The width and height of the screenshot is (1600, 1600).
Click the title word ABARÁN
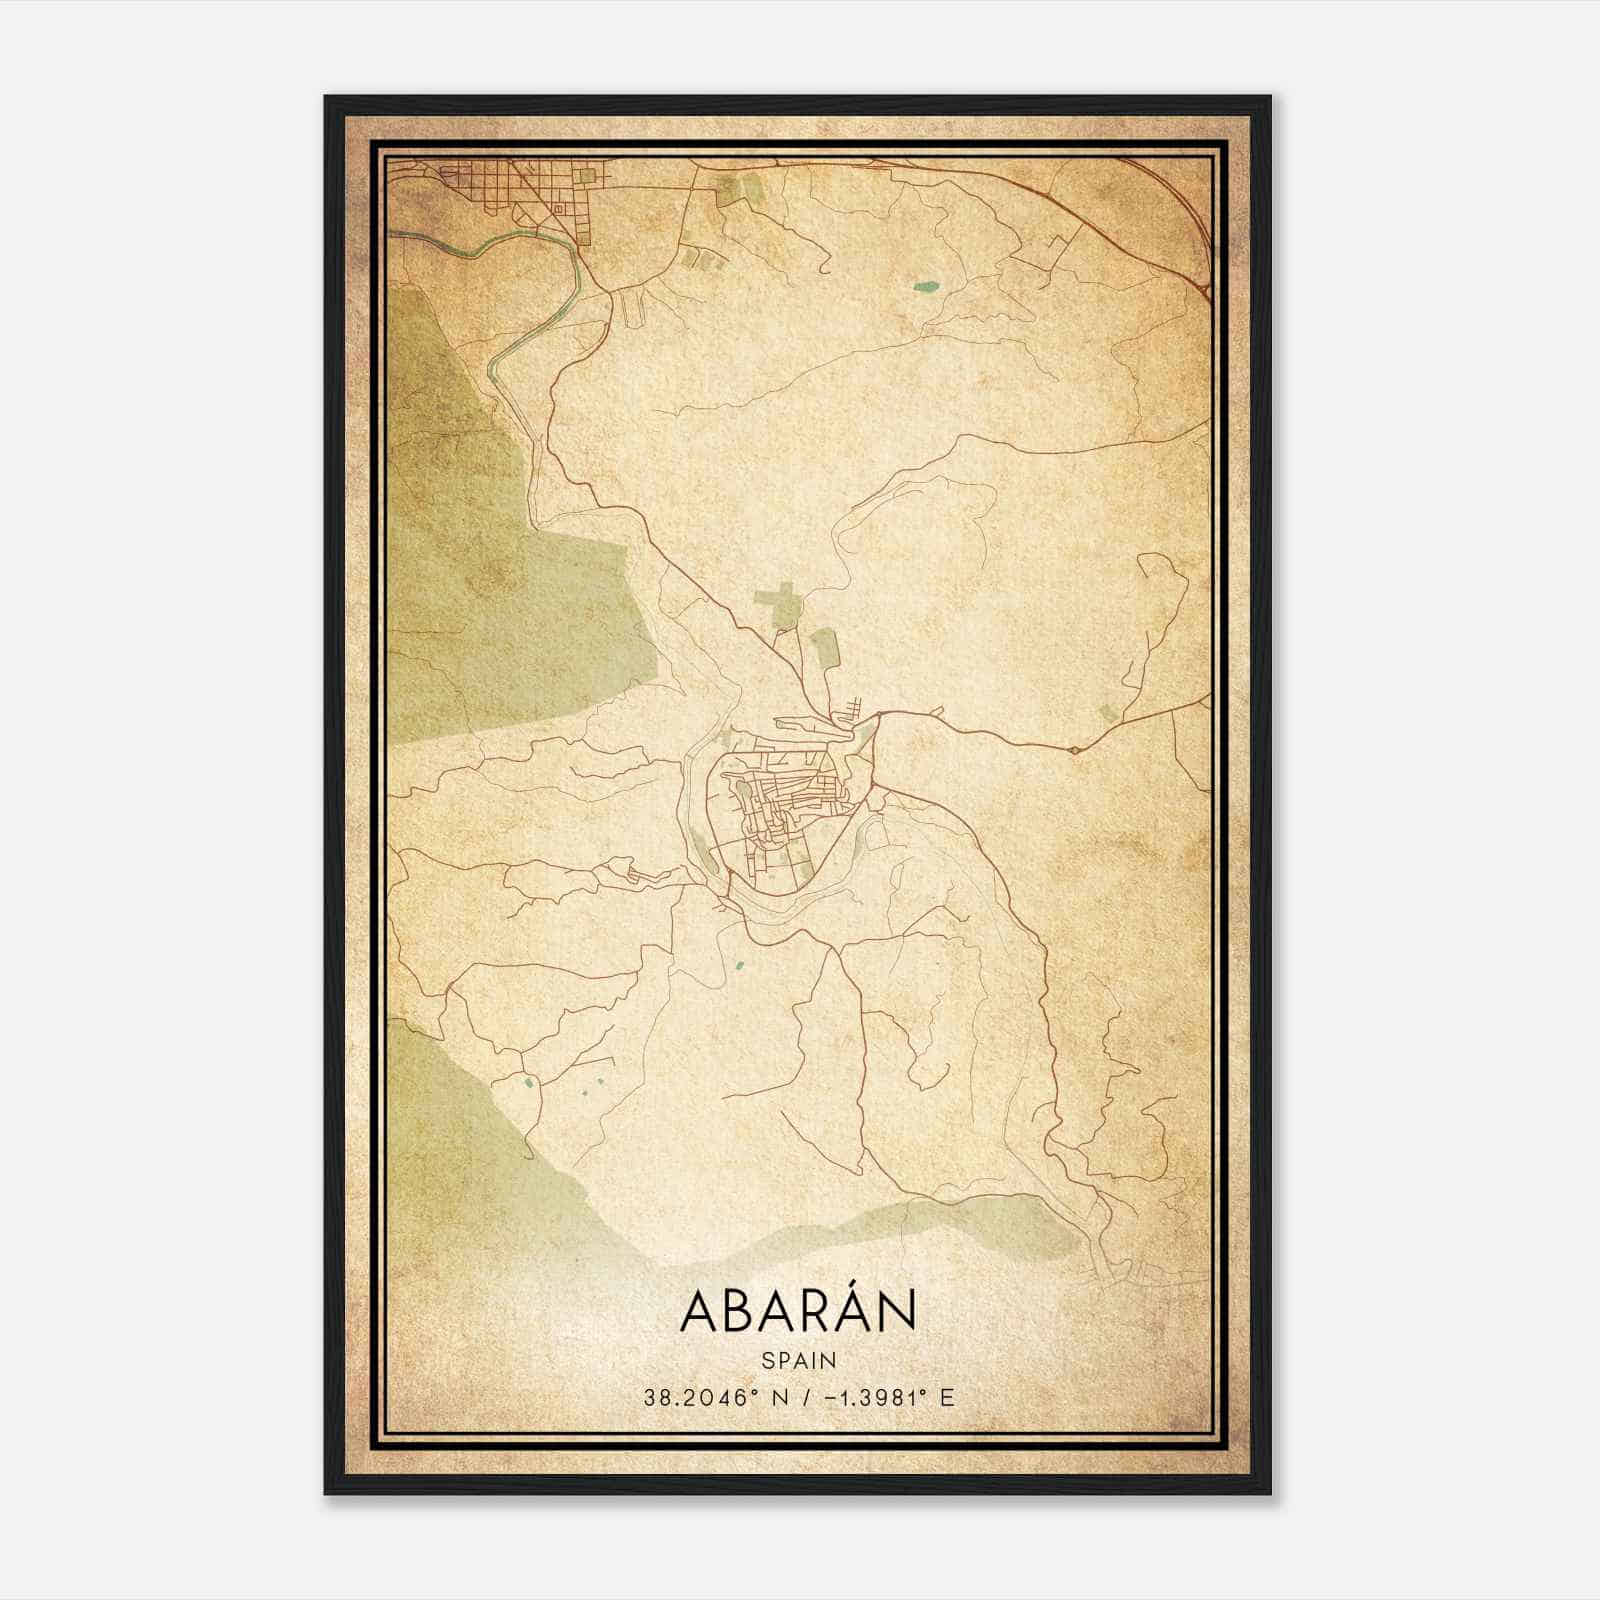point(798,1311)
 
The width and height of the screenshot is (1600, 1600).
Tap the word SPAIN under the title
point(798,1360)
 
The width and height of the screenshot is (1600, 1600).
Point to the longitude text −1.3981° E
point(886,1397)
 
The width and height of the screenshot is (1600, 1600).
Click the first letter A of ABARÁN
point(697,1311)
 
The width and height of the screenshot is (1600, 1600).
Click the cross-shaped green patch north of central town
point(780,605)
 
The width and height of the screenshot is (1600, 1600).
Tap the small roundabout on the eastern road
point(1074,749)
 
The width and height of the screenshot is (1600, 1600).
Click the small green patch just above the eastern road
point(1106,713)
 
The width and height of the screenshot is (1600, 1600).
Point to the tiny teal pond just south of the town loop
point(739,966)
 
